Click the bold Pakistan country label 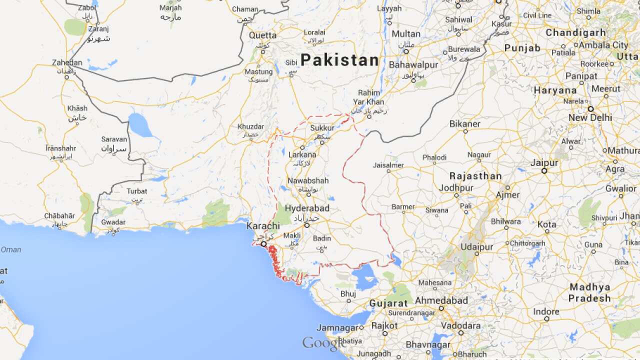[x=339, y=60]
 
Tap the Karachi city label [x=263, y=226]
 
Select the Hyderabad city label [x=307, y=208]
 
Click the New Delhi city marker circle [x=590, y=108]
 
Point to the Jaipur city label [x=544, y=163]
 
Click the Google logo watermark [x=323, y=343]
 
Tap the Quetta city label [x=262, y=35]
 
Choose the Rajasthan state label [x=475, y=176]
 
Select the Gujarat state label [x=388, y=303]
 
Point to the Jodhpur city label [x=456, y=188]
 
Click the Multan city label [x=406, y=34]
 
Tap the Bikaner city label [x=465, y=123]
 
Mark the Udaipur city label [x=477, y=247]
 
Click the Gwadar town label [x=113, y=221]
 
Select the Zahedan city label [x=67, y=62]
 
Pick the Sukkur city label [x=322, y=128]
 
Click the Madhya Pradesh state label [x=590, y=292]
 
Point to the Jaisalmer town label [x=388, y=164]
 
